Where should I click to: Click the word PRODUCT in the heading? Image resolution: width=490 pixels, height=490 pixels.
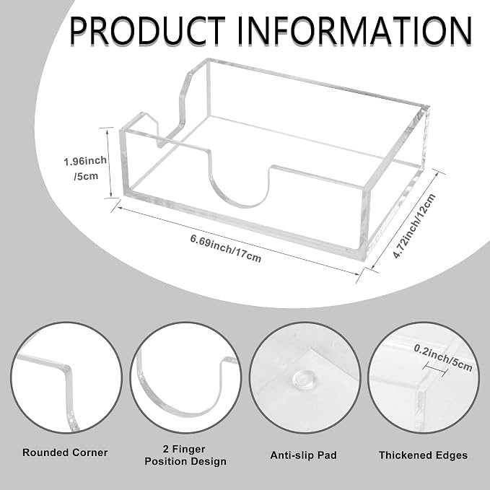tap(147, 30)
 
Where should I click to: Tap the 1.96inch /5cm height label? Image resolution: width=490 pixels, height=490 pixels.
tap(85, 168)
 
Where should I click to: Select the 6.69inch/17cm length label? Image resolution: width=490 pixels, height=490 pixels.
tap(226, 248)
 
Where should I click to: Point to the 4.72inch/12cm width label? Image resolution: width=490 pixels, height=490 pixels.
tap(414, 226)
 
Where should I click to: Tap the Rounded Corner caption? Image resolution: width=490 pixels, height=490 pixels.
tap(65, 452)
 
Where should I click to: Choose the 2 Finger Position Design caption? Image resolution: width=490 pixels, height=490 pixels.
tap(185, 455)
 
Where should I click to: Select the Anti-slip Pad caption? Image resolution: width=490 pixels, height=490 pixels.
tap(303, 455)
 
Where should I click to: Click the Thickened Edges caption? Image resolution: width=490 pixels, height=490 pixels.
tap(423, 455)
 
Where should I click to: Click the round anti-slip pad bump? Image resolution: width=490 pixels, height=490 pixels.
tap(303, 379)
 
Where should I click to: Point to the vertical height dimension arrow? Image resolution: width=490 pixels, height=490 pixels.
tap(109, 162)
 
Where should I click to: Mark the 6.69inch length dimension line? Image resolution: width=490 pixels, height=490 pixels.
tap(238, 240)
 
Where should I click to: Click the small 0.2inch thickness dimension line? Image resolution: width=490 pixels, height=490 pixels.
tap(436, 369)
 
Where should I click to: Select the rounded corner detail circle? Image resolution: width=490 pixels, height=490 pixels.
tap(66, 377)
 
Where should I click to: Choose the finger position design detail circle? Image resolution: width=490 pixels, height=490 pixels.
tap(185, 377)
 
